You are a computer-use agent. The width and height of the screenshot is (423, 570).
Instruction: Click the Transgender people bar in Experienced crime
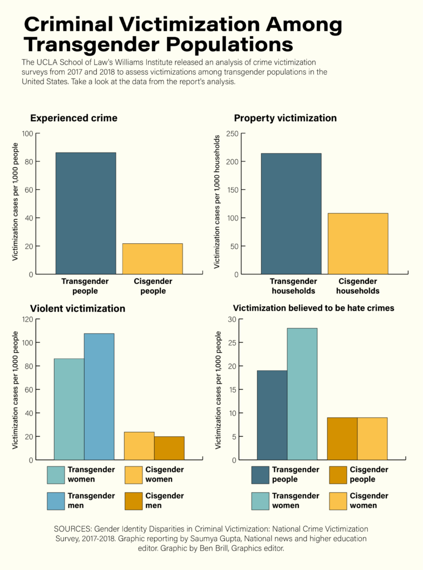click(x=86, y=213)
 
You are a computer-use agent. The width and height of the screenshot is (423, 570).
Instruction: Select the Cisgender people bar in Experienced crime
click(x=153, y=258)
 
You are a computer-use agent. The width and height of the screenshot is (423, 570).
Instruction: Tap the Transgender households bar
click(x=291, y=213)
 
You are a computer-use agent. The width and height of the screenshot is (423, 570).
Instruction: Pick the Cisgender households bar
click(x=358, y=243)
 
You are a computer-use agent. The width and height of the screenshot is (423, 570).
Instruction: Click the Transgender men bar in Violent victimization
click(x=99, y=396)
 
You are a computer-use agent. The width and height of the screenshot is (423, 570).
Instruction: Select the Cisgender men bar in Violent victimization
click(x=169, y=448)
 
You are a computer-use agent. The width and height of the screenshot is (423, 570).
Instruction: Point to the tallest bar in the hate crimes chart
click(x=302, y=394)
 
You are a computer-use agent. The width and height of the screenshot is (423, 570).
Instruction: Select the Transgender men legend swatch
click(x=56, y=500)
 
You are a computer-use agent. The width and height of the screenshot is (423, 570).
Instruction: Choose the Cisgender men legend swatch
click(x=134, y=500)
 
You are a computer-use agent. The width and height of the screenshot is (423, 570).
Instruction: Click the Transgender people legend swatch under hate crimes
click(x=260, y=474)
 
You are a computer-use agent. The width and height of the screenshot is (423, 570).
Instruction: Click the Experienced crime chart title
click(x=73, y=118)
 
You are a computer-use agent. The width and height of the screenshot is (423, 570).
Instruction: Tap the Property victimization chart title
click(x=285, y=118)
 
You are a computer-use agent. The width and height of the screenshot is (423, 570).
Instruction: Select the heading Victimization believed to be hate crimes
click(x=313, y=308)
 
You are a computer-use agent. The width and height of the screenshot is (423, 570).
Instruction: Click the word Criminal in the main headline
click(x=83, y=24)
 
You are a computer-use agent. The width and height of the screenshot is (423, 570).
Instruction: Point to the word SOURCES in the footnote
click(x=72, y=528)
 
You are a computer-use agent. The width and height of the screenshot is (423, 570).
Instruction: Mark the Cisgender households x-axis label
click(x=358, y=286)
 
